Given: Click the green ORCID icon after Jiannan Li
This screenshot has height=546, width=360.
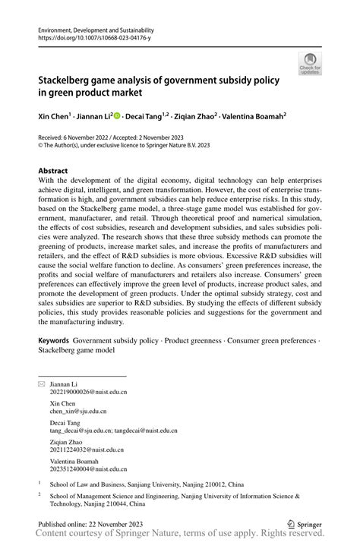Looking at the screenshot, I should (117, 116).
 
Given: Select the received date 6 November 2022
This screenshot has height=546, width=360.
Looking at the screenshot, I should (88, 137).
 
